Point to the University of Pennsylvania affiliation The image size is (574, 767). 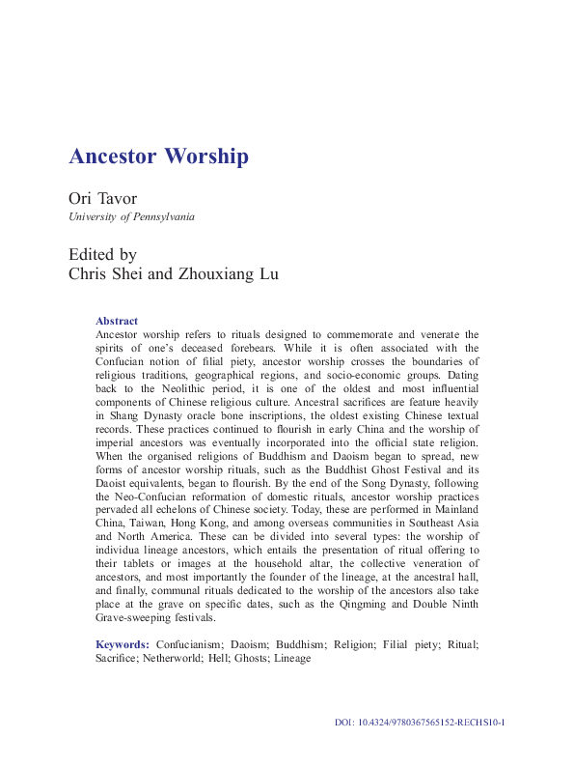pyautogui.click(x=131, y=217)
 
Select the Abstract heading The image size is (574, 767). pyautogui.click(x=117, y=321)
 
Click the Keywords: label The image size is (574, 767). pyautogui.click(x=123, y=643)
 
